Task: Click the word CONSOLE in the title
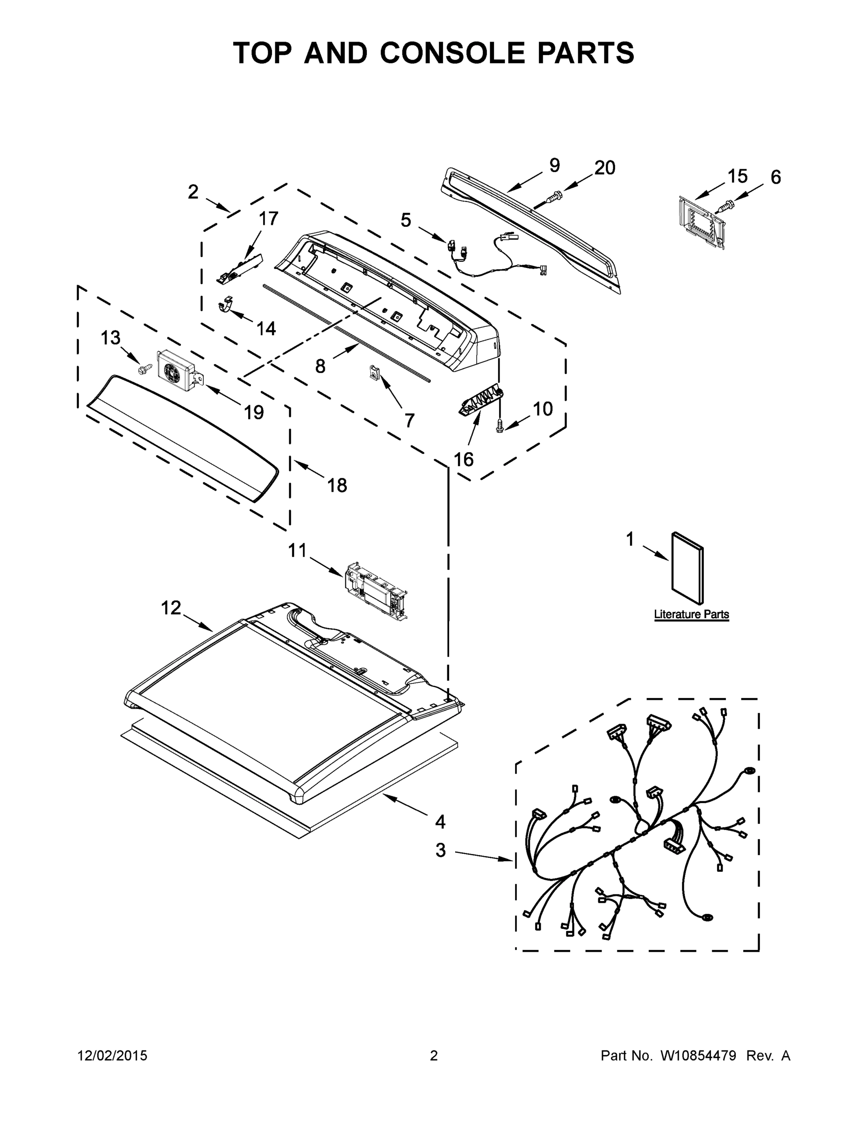452,53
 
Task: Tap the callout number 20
604,168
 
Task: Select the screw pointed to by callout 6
725,207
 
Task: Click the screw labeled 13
145,368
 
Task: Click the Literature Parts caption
691,614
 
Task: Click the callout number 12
171,608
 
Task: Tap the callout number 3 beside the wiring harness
441,851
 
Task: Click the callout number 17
268,219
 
